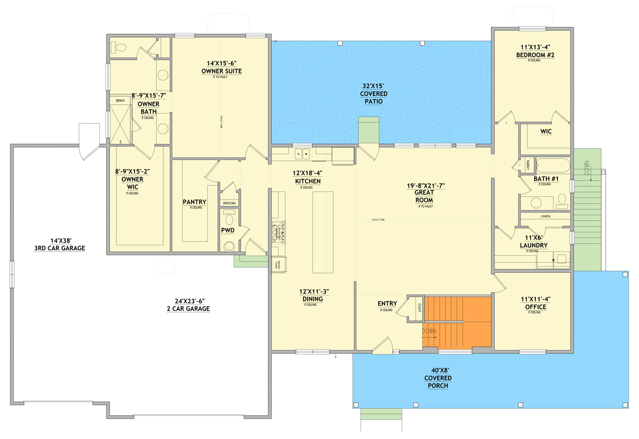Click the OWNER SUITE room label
pos(221,71)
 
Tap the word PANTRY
pos(194,202)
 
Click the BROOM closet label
pos(229,203)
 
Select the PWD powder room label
pos(228,230)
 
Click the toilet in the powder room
pos(229,245)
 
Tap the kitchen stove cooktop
pos(279,233)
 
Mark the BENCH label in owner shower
pos(120,100)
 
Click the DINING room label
pos(311,299)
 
